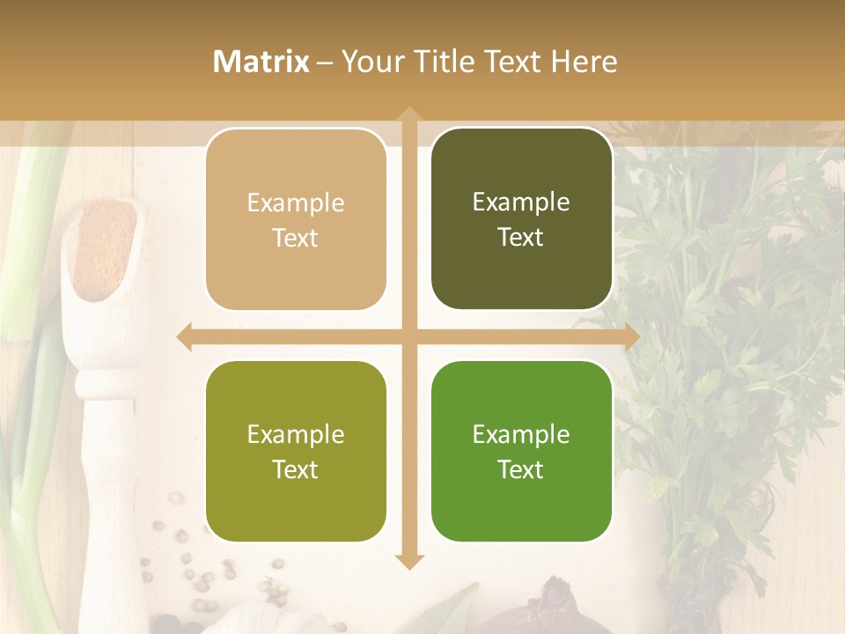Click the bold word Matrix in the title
[261, 62]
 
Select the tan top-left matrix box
[296, 219]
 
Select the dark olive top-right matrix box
[521, 219]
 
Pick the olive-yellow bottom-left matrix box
[296, 451]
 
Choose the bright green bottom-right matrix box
[521, 451]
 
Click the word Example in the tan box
[296, 203]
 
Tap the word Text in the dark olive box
[521, 238]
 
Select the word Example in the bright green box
[521, 434]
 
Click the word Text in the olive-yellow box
[296, 469]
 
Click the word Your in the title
[371, 62]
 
